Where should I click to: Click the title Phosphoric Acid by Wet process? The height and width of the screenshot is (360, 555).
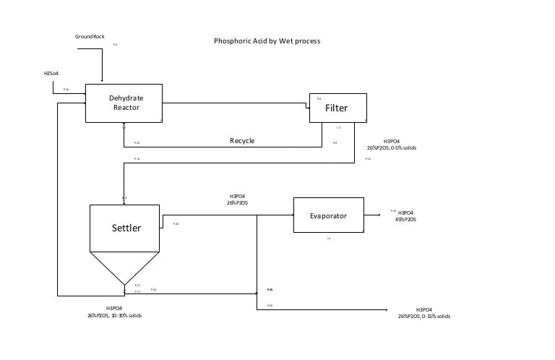(267, 41)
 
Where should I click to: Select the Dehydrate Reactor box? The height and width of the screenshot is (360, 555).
(124, 103)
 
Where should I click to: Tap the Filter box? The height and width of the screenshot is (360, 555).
(337, 108)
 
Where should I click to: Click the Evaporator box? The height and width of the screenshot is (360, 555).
(329, 215)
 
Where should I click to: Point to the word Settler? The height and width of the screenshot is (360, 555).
(126, 228)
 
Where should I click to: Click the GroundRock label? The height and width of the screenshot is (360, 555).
(90, 36)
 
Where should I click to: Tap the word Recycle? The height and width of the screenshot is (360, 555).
(242, 140)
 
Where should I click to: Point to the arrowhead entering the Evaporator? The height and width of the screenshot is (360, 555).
(291, 215)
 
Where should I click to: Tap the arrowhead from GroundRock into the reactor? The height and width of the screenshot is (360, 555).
(103, 80)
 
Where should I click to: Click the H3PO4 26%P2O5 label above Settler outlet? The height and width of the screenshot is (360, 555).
(237, 200)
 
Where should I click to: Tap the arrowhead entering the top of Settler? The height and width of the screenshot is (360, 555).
(124, 202)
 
